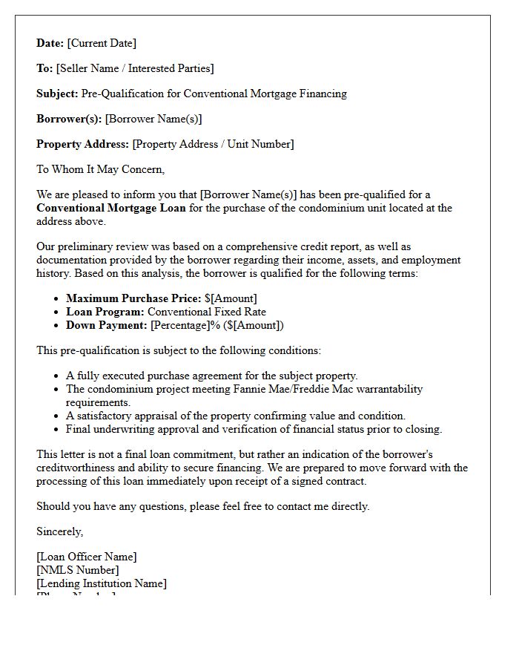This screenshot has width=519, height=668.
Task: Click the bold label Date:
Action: [50, 44]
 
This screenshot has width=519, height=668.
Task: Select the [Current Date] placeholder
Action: [102, 44]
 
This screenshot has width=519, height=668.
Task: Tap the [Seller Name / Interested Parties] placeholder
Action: [135, 69]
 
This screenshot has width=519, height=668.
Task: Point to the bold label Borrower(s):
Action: [69, 119]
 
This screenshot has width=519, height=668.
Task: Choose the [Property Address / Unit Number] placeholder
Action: [213, 145]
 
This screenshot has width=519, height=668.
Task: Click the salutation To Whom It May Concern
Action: [100, 170]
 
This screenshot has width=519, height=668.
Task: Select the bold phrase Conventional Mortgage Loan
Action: [111, 209]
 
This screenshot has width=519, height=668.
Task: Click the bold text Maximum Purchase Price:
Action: [133, 299]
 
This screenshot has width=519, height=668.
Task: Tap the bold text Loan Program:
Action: [105, 312]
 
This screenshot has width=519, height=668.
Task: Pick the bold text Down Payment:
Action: [107, 326]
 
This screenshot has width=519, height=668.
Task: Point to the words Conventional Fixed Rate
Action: [207, 312]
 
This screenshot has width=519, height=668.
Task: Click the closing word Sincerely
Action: [60, 532]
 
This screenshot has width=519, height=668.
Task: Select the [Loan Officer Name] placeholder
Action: [87, 557]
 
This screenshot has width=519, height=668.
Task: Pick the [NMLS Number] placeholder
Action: [77, 571]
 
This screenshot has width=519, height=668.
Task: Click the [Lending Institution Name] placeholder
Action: [102, 584]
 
